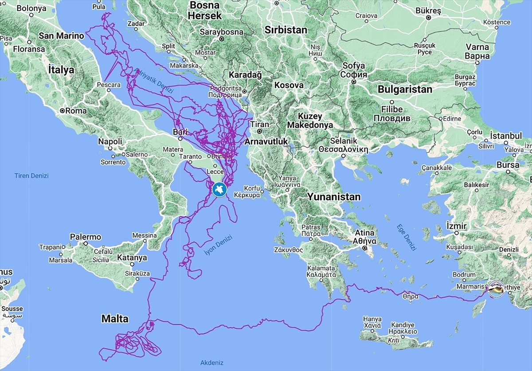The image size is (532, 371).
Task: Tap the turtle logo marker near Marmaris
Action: tap(495, 289)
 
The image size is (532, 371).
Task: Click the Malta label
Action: tap(115, 319)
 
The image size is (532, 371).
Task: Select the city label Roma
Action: tap(76, 111)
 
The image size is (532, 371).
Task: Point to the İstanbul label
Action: tap(506, 136)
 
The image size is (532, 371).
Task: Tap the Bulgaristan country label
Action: tap(405, 89)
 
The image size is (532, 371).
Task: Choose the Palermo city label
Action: tap(86, 237)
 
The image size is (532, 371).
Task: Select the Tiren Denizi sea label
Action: tap(31, 176)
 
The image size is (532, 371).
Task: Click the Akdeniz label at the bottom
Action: tap(211, 362)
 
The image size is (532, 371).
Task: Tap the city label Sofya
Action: tap(354, 66)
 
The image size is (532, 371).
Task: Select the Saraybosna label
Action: tap(222, 32)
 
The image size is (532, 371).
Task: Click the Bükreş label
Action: tap(430, 9)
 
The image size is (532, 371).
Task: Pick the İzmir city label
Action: tap(457, 226)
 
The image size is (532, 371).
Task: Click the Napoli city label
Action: tap(110, 141)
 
